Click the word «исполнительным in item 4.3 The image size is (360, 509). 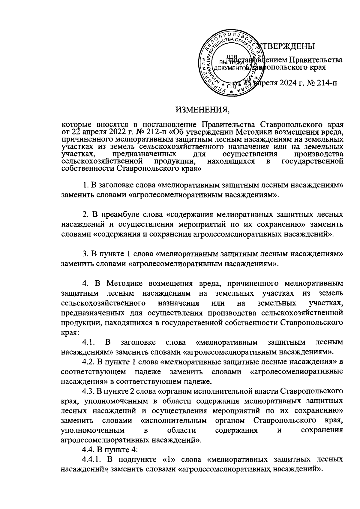173,420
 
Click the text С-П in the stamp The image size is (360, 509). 231,87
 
